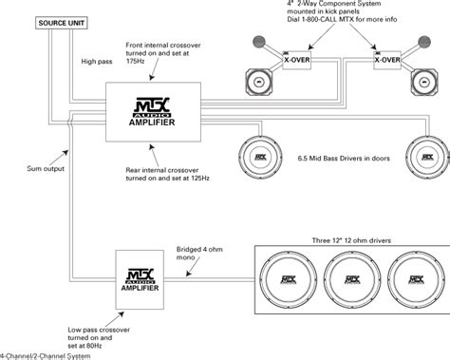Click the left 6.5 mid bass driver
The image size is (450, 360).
pyautogui.click(x=261, y=157)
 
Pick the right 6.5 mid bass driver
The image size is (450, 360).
pyautogui.click(x=424, y=157)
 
